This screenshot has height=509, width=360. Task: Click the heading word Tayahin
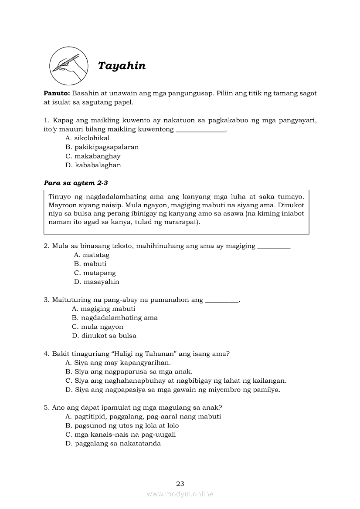pos(122,66)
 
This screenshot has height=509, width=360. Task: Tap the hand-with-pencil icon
pos(66,66)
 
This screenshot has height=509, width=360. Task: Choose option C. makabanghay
pos(93,156)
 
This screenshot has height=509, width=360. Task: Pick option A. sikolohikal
pos(87,138)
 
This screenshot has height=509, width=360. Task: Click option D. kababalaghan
pos(93,165)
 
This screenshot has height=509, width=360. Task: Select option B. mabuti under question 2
pos(90,264)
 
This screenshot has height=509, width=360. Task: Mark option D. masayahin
pos(96,282)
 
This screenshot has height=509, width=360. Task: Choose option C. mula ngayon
pos(98,327)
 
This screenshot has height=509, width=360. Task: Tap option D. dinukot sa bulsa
pos(104,336)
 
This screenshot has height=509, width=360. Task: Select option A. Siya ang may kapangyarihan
pos(118,363)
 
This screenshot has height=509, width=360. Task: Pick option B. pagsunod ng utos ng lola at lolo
pos(122,425)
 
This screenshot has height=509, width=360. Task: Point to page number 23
pos(180,484)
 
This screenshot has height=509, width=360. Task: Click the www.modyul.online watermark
pos(180,494)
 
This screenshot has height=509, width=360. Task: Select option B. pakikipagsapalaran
pos(102,147)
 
